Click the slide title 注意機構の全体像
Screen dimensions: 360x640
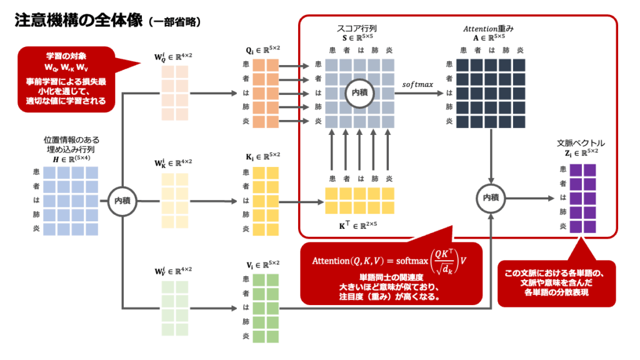tap(79, 21)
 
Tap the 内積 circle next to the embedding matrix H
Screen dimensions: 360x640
tap(122, 201)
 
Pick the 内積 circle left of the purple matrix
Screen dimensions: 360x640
tap(490, 197)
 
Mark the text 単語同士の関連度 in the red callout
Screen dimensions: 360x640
tap(384, 277)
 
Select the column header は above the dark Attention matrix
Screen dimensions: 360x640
tap(492, 50)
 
